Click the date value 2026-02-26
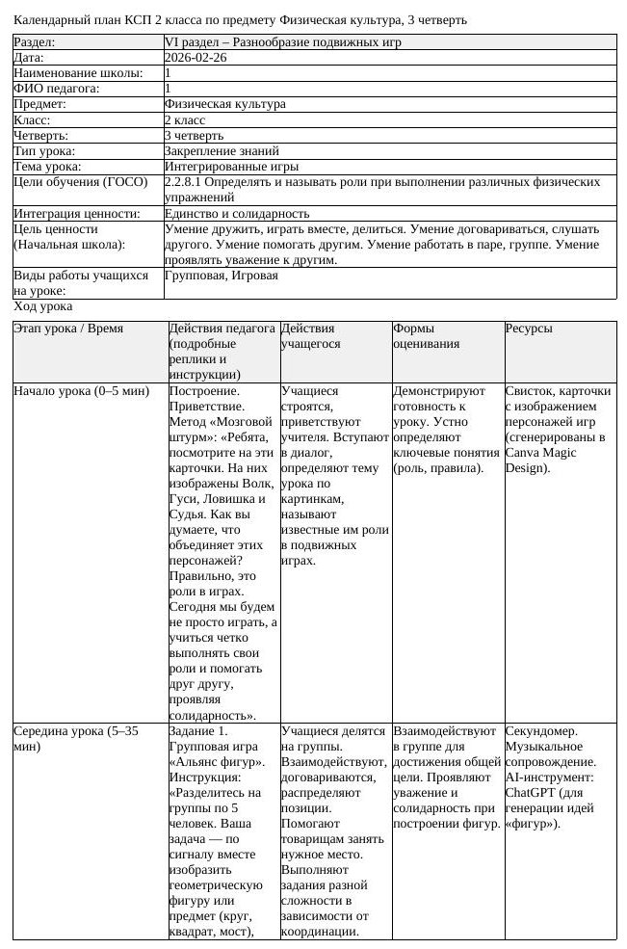tap(196, 58)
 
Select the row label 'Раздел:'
tap(35, 42)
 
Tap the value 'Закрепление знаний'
tap(222, 150)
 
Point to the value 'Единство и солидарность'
tap(237, 213)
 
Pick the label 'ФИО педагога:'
tap(57, 89)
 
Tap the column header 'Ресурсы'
tap(529, 329)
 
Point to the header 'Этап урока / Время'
tap(68, 329)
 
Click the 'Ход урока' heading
tap(43, 306)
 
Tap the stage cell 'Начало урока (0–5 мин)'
tap(82, 391)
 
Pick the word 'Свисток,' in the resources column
tap(531, 391)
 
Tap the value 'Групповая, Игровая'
tap(222, 276)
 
